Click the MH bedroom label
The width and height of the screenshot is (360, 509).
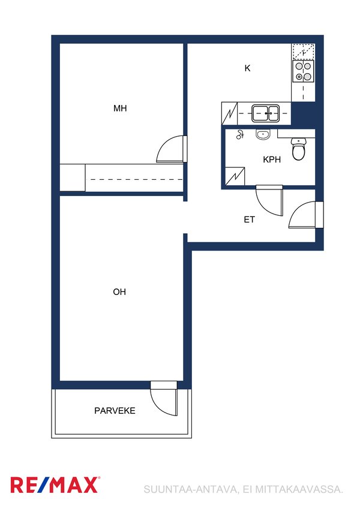pyautogui.click(x=120, y=109)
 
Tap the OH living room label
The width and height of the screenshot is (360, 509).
pyautogui.click(x=119, y=292)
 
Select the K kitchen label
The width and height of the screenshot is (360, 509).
pyautogui.click(x=248, y=68)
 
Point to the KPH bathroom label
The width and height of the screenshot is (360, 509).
pyautogui.click(x=272, y=159)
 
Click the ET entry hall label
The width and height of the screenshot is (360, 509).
pyautogui.click(x=249, y=220)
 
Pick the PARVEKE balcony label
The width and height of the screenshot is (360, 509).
pyautogui.click(x=115, y=411)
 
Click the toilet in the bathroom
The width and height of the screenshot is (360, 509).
pyautogui.click(x=298, y=149)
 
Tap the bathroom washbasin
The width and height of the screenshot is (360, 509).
pyautogui.click(x=263, y=134)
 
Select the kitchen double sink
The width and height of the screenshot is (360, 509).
pyautogui.click(x=265, y=113)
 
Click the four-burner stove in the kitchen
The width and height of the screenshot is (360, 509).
pyautogui.click(x=303, y=71)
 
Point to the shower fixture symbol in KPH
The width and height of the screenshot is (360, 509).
pyautogui.click(x=240, y=134)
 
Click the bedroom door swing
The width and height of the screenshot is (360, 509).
pyautogui.click(x=171, y=149)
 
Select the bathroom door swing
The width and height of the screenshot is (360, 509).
pyautogui.click(x=269, y=201)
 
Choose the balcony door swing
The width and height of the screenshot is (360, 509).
pyautogui.click(x=164, y=398)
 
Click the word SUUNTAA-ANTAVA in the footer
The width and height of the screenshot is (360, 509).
pyautogui.click(x=190, y=489)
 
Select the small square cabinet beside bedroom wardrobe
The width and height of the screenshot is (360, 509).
pyautogui.click(x=73, y=177)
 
